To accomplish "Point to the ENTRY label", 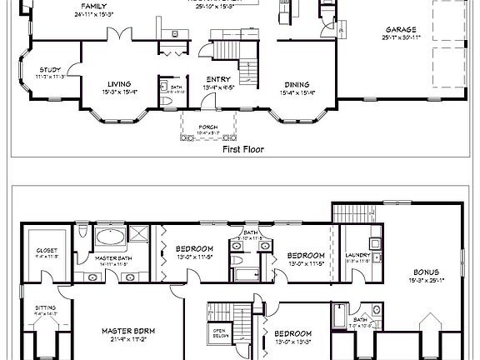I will point(218,80).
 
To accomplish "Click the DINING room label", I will point(297,84).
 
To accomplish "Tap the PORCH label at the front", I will point(207,127).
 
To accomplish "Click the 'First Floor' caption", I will point(241,150).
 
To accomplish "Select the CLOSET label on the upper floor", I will point(47,250).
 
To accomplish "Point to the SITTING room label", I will point(46,307).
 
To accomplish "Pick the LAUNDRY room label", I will point(357,256).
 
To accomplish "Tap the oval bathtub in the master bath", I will point(109,237).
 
